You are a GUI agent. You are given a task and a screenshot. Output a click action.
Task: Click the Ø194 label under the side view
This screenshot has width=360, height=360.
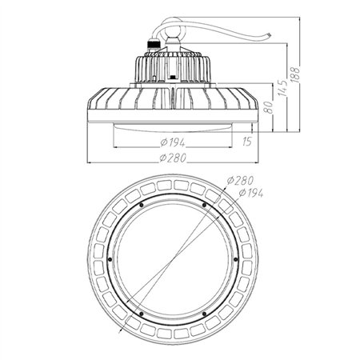170,141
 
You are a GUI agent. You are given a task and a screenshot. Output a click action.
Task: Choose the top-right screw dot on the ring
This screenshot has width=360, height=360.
205,206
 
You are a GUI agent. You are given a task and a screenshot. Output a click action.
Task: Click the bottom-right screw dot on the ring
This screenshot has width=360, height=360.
205,311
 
